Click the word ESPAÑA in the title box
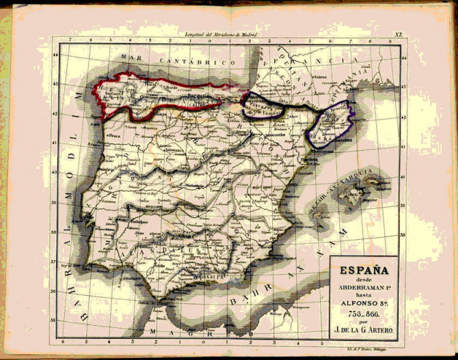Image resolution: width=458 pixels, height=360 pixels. point(362,269)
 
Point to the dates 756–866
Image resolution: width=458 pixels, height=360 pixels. point(362,312)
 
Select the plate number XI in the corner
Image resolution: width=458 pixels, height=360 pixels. point(399,33)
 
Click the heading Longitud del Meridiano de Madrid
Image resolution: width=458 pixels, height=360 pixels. point(219,34)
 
